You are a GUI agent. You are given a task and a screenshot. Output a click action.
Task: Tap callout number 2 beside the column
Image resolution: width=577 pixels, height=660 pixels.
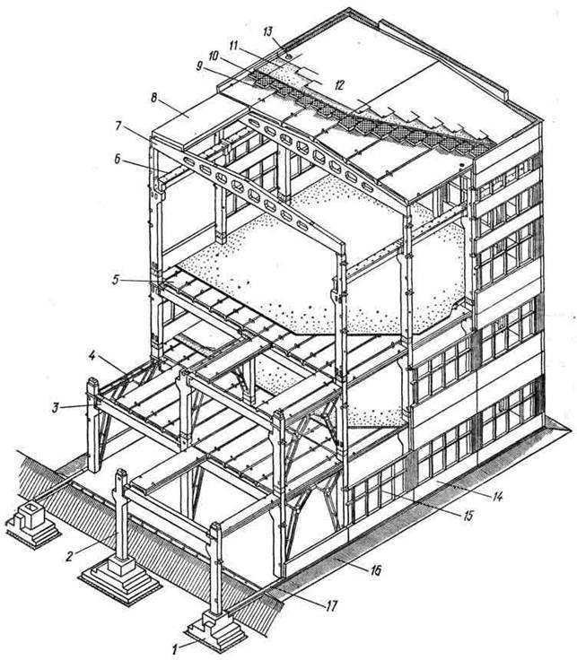(70, 556)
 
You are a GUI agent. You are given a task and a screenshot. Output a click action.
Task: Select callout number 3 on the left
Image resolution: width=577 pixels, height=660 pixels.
(55, 408)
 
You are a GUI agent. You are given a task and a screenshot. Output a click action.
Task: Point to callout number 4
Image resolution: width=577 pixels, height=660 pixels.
(92, 356)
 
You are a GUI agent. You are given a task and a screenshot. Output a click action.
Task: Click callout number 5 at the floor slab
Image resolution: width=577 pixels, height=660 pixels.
(116, 280)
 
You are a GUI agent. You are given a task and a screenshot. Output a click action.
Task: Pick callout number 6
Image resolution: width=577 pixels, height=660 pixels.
(118, 159)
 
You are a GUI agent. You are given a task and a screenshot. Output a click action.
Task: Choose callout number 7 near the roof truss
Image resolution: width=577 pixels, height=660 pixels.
(118, 126)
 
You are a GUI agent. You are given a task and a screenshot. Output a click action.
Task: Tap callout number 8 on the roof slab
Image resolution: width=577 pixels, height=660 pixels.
(154, 98)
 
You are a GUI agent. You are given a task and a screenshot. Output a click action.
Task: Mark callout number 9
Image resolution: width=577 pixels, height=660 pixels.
(199, 65)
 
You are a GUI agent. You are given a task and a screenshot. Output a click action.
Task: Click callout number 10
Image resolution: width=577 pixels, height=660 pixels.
(214, 56)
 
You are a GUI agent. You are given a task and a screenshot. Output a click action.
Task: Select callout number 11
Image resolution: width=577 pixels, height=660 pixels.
(234, 45)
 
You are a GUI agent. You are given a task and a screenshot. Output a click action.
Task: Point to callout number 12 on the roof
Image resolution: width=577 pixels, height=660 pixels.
(339, 85)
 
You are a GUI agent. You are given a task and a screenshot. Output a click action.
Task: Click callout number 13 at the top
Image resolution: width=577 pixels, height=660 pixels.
(268, 31)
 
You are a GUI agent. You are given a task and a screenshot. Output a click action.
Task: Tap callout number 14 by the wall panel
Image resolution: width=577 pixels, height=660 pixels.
(497, 497)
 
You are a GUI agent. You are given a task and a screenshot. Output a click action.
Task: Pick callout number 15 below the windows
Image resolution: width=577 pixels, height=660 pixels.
(468, 516)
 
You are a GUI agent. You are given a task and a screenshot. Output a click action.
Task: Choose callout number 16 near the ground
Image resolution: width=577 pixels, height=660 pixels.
(375, 570)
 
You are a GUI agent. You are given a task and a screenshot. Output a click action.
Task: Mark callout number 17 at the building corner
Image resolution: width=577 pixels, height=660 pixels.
(331, 606)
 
